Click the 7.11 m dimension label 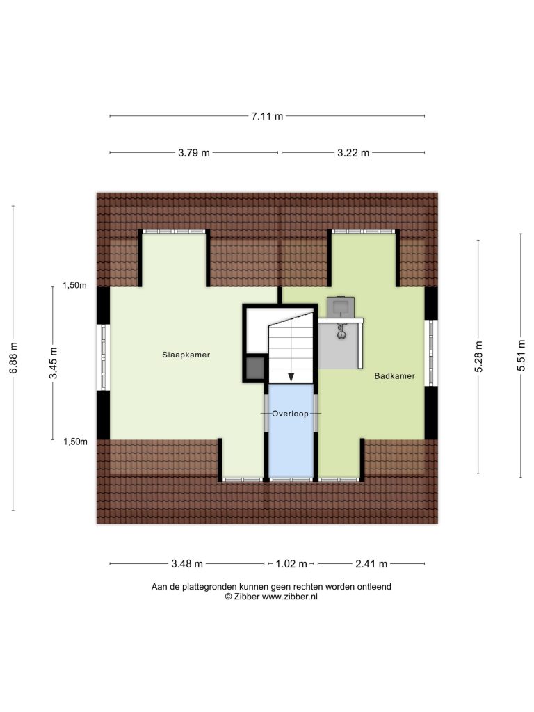pyautogui.click(x=267, y=116)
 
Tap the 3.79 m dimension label pyautogui.click(x=194, y=153)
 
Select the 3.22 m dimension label pyautogui.click(x=353, y=153)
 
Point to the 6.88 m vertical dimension pyautogui.click(x=13, y=358)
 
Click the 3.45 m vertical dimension pyautogui.click(x=53, y=363)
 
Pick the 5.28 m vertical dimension pyautogui.click(x=478, y=357)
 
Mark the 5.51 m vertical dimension pyautogui.click(x=521, y=355)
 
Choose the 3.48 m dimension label pyautogui.click(x=187, y=564)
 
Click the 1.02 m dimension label pyautogui.click(x=291, y=564)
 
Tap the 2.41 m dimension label pyautogui.click(x=371, y=564)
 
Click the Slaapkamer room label pyautogui.click(x=186, y=355)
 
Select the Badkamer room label pyautogui.click(x=395, y=376)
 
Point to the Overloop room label pyautogui.click(x=290, y=414)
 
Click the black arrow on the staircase pyautogui.click(x=291, y=376)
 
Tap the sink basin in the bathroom pyautogui.click(x=341, y=307)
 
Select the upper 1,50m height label pyautogui.click(x=74, y=286)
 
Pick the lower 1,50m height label pyautogui.click(x=75, y=442)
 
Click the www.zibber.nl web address pyautogui.click(x=290, y=597)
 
